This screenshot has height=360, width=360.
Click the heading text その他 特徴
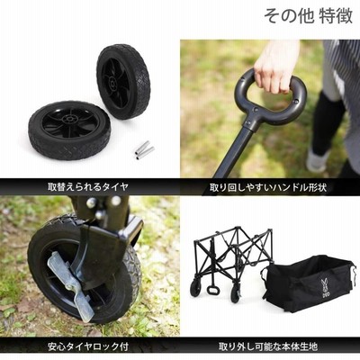(309, 16)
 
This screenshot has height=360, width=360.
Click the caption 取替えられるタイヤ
(88, 187)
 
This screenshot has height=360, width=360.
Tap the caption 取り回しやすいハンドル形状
(268, 188)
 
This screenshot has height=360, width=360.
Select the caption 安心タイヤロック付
(88, 346)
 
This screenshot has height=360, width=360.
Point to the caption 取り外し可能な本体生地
(268, 346)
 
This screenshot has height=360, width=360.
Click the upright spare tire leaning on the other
(123, 81)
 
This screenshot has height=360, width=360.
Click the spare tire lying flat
(69, 130)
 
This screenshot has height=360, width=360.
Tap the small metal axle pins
(143, 150)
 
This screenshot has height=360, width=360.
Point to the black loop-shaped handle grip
(267, 99)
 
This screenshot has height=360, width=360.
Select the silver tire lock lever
(69, 285)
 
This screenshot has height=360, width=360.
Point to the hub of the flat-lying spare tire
(69, 120)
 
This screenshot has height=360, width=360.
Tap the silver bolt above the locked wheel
(91, 203)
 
